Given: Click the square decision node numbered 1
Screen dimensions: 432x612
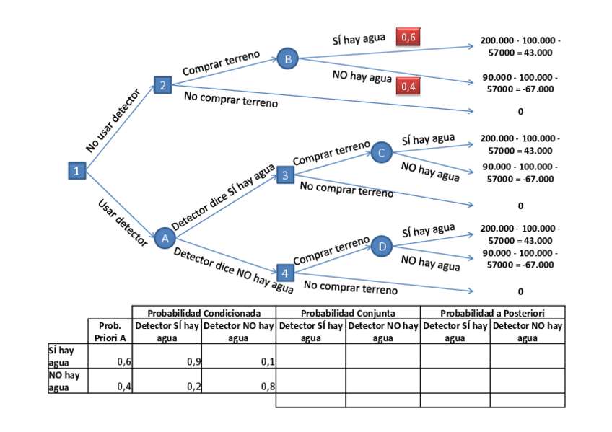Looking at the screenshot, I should click(x=76, y=171).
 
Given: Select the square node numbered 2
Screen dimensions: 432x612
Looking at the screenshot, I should click(x=162, y=85).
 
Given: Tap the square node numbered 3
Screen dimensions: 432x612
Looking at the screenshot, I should click(x=285, y=175).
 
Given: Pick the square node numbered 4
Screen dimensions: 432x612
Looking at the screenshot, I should click(x=285, y=273).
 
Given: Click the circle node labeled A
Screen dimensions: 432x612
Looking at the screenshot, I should click(x=164, y=238).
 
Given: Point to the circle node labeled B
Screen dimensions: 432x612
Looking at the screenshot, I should click(x=287, y=59).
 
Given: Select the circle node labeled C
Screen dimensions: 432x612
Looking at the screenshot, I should click(x=382, y=151).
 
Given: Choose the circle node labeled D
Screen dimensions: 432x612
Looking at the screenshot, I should click(x=382, y=247).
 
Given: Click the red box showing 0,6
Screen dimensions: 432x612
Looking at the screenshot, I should click(x=408, y=38).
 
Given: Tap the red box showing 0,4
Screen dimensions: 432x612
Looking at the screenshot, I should click(x=408, y=87).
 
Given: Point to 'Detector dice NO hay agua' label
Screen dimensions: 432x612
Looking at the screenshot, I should click(x=233, y=271).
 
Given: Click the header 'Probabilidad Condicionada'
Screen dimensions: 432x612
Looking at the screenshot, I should click(x=204, y=313).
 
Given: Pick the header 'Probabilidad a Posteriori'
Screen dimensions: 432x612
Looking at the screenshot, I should click(x=492, y=313).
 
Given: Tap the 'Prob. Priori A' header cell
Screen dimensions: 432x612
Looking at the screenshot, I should click(x=110, y=332).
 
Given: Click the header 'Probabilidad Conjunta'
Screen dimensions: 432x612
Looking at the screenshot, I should click(x=348, y=313).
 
